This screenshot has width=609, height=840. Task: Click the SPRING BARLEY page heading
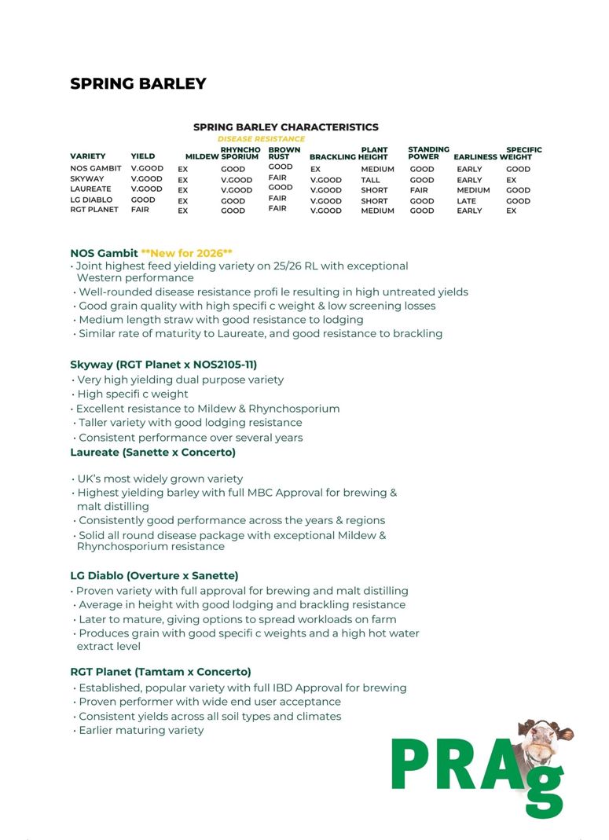(138, 84)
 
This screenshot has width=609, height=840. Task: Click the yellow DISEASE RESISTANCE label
(261, 139)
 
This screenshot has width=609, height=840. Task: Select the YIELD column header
(143, 156)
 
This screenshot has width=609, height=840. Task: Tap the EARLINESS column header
(475, 157)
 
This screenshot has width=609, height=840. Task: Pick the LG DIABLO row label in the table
(91, 200)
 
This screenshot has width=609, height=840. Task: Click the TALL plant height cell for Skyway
(370, 180)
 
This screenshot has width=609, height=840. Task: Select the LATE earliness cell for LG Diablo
(466, 201)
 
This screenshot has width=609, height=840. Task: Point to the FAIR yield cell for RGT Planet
(140, 210)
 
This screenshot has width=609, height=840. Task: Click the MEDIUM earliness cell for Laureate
(473, 190)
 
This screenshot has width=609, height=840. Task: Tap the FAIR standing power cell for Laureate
(419, 190)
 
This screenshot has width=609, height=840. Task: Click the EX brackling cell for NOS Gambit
(315, 169)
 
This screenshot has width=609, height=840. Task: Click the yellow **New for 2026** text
(186, 253)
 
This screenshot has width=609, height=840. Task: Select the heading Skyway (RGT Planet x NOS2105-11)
(163, 365)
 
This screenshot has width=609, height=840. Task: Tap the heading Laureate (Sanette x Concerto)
(152, 453)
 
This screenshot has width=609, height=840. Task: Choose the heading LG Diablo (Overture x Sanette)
(154, 576)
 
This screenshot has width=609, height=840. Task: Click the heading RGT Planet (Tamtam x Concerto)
(160, 672)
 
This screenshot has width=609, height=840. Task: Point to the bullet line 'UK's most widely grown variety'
(160, 479)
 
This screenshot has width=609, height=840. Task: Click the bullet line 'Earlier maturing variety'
(141, 730)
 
